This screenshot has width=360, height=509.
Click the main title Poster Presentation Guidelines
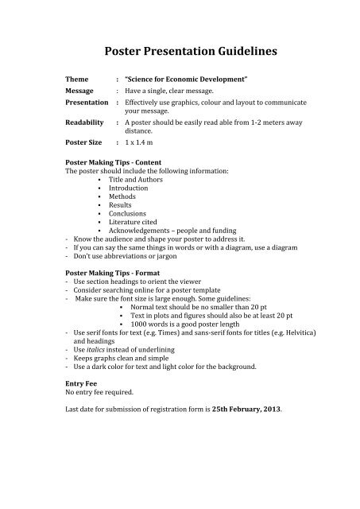pos(180,52)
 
